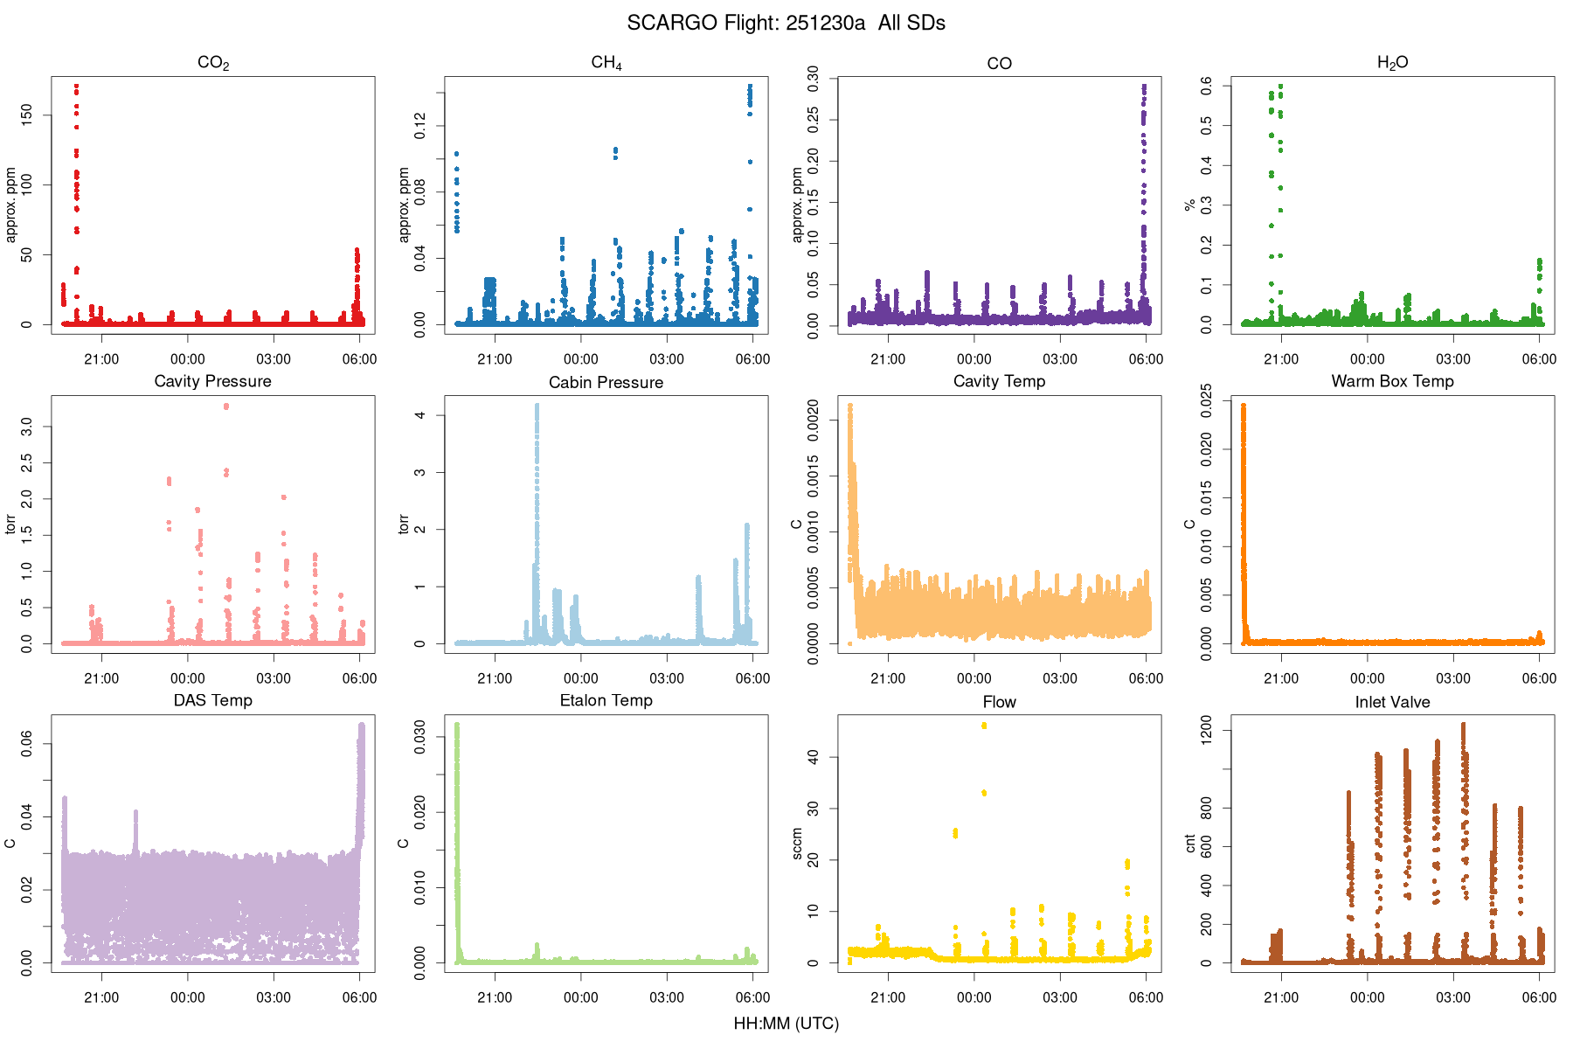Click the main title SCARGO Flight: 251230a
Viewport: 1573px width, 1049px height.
coord(786,23)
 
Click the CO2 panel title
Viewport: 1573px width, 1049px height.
coord(213,62)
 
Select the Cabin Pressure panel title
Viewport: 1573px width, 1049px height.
coord(606,382)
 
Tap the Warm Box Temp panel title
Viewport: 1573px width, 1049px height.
coord(1392,381)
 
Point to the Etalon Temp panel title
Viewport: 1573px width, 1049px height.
coord(606,700)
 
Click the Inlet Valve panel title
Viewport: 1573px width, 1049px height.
coord(1392,701)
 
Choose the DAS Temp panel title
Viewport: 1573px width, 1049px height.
coord(212,700)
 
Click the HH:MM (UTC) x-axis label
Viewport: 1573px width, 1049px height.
coord(786,1024)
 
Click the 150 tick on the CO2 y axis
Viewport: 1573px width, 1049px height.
coord(26,114)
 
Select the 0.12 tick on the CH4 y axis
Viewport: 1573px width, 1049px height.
coord(420,125)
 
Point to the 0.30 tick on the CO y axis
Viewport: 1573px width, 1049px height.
coord(813,79)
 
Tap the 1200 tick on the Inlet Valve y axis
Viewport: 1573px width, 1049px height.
coord(1206,730)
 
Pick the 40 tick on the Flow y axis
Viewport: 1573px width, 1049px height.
coord(813,757)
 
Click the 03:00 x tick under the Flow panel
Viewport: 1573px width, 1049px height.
coord(1059,997)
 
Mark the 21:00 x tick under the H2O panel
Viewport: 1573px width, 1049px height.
coord(1281,359)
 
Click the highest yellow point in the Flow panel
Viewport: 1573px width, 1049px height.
coord(984,726)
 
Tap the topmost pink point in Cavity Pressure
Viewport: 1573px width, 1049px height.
coord(226,406)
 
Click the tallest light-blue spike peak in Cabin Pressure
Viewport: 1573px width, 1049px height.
coord(537,406)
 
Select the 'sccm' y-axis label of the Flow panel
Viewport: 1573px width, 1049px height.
coord(797,844)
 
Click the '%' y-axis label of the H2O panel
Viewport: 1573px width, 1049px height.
coord(1189,205)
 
